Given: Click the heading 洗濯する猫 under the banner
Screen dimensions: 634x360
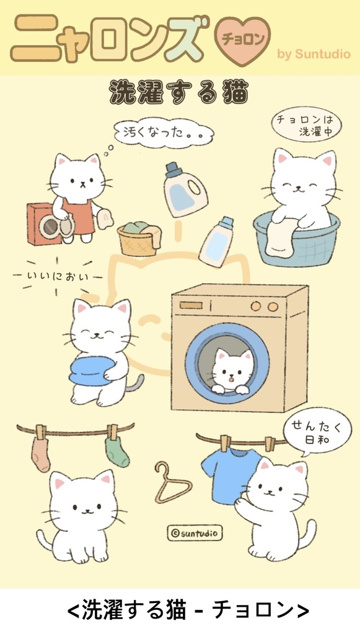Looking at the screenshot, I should point(179,93).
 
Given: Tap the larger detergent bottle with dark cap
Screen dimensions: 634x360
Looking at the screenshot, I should point(185,189).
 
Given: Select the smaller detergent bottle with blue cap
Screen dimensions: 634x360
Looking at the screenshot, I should point(216,242).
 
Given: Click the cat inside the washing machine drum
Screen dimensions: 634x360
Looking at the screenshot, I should point(231,371).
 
